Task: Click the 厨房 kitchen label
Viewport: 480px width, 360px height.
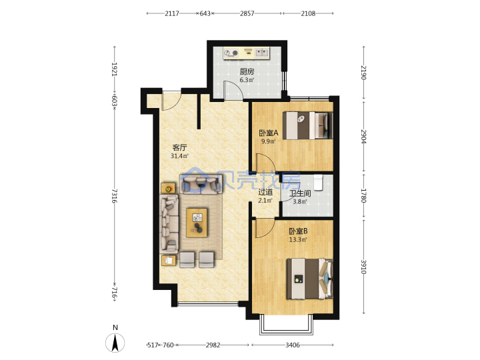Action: coord(247,71)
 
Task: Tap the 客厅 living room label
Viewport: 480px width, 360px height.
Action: coord(179,147)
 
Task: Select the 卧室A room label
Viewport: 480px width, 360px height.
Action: coord(269,133)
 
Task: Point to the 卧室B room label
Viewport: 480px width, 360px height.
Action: coord(298,231)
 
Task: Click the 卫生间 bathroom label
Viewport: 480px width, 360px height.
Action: coord(300,193)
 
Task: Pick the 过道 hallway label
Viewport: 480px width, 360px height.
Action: coord(265,192)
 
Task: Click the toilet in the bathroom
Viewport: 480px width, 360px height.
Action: coord(319,183)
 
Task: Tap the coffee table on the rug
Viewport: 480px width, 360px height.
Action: coord(197,223)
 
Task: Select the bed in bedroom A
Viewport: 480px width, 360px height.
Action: coord(307,125)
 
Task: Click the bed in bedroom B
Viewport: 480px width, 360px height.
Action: coord(309,279)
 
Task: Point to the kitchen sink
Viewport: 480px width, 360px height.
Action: coord(262,53)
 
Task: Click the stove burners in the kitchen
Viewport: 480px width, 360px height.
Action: coord(231,53)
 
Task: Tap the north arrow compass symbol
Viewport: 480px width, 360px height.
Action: coord(115,342)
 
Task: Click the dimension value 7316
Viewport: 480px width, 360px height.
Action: coord(114,196)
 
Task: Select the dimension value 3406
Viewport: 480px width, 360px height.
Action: coord(293,345)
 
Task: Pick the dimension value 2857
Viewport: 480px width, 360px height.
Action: coord(247,13)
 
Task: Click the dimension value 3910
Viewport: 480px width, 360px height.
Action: coord(363,267)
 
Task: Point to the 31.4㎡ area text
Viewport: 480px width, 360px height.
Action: coord(179,156)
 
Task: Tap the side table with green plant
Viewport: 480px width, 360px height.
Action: coord(169,189)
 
